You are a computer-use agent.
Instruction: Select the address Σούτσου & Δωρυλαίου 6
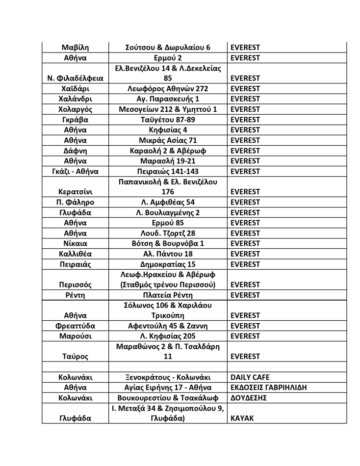pos(168,48)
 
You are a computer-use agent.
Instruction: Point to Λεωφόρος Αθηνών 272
pos(168,89)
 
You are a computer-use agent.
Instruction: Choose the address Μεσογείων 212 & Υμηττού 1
pos(168,109)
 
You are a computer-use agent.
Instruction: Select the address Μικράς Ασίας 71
pos(168,140)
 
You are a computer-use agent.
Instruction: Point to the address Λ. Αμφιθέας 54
pos(168,202)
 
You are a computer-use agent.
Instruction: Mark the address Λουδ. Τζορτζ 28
pos(168,233)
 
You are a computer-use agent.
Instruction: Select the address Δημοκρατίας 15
pos(168,264)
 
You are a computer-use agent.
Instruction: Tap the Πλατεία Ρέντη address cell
pos(168,295)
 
